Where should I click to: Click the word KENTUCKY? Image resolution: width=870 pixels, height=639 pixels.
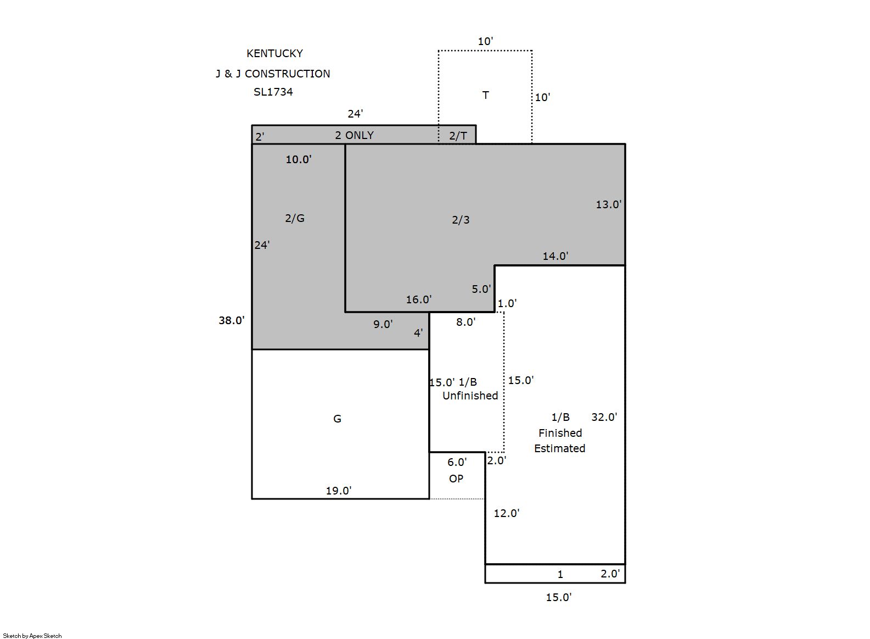pos(274,53)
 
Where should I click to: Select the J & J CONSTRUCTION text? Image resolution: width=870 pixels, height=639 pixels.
pos(273,74)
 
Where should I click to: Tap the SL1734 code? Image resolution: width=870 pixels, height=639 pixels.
pos(273,92)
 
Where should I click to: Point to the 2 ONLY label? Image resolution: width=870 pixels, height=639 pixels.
pos(354,135)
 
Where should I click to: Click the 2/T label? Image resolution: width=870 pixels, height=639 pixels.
pos(458,136)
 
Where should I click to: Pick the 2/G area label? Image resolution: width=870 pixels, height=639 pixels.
pos(295,218)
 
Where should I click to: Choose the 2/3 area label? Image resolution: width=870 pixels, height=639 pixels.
pos(461,220)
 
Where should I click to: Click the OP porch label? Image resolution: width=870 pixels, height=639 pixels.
pos(456,479)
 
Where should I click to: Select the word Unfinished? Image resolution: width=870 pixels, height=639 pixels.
pos(470,395)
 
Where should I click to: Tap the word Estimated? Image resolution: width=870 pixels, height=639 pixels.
pos(559,448)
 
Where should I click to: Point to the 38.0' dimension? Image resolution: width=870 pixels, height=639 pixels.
pos(232,320)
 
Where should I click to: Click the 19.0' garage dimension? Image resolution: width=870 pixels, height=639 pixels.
pos(339,491)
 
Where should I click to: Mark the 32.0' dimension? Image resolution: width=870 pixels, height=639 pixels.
pos(604,417)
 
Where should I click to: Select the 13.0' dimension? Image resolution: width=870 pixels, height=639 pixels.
pos(609,204)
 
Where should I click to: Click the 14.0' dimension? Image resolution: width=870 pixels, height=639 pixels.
pos(555,256)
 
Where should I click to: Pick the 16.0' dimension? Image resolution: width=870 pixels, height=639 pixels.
pos(419,299)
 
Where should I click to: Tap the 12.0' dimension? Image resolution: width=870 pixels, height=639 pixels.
pos(507,513)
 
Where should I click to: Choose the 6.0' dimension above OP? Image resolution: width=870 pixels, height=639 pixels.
pos(457,462)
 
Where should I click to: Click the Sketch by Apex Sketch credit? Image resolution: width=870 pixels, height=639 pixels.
pos(32,636)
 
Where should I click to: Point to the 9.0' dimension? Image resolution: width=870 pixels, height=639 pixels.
pos(383,324)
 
